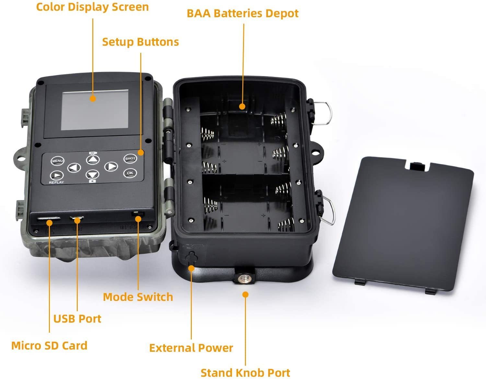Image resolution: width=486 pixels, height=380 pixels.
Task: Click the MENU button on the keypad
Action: (57, 161)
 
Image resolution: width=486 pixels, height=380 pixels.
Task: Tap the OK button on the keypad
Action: (130, 173)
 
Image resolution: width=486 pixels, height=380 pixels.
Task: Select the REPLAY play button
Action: (57, 175)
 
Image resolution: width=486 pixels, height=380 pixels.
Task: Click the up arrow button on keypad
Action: (93, 160)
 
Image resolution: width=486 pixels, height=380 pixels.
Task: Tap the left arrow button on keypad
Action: (74, 168)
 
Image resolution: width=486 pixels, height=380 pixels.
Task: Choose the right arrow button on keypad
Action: (111, 167)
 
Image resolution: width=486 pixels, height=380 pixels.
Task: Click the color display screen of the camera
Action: (95, 110)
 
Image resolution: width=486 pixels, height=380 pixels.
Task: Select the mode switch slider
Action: (137, 214)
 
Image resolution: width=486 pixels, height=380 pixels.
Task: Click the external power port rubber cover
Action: (191, 258)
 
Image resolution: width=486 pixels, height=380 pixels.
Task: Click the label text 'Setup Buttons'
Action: (140, 42)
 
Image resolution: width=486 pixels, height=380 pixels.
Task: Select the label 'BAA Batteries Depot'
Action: (243, 13)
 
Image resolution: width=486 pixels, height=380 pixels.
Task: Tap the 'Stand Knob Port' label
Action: (245, 373)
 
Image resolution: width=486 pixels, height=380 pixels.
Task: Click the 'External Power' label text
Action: (191, 348)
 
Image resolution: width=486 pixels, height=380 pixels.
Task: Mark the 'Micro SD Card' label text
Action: (49, 346)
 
